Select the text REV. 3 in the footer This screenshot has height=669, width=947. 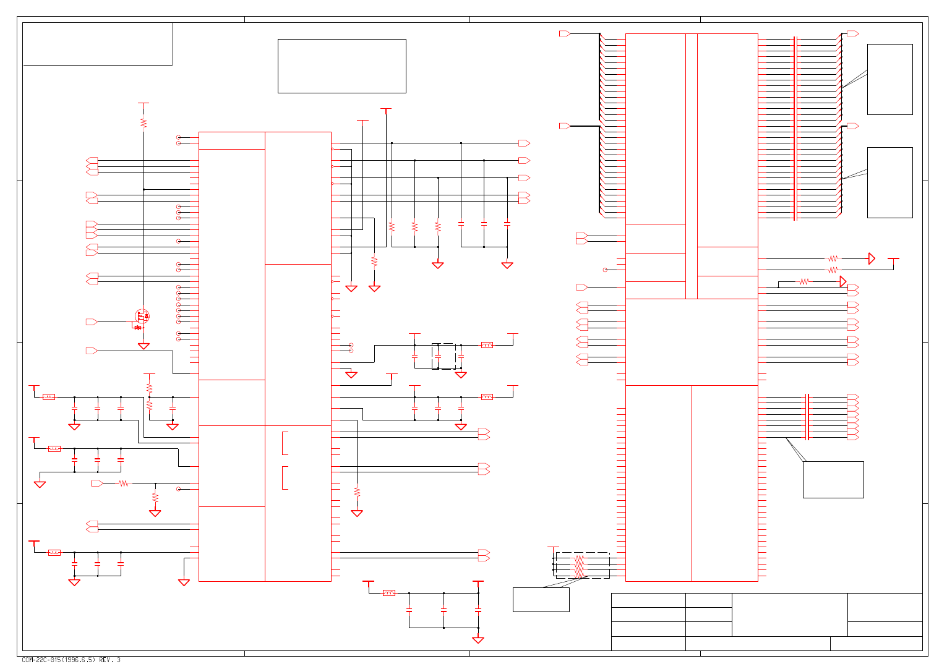point(109,660)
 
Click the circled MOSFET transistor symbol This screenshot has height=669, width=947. point(142,317)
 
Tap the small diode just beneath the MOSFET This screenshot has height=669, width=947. point(138,327)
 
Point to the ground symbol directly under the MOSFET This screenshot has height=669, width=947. point(144,346)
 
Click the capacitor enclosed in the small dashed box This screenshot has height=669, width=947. point(438,357)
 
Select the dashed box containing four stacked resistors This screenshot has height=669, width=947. point(582,566)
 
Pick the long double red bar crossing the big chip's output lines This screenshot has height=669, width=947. point(795,128)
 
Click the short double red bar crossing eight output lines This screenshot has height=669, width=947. point(807,417)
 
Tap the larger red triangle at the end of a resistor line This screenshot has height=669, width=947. point(872,258)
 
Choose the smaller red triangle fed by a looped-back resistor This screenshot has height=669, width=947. point(842,282)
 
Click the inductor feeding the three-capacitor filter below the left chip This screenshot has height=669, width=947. point(54,552)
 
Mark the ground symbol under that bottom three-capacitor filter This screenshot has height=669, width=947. point(74,582)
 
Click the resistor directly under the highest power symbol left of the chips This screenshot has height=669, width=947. point(144,123)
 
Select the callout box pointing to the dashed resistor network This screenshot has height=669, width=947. point(541,600)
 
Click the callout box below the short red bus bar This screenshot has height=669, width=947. point(833,479)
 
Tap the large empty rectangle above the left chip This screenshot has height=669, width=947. point(341,66)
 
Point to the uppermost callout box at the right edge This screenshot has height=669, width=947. point(889,79)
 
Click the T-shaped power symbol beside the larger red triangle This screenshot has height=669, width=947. point(893,260)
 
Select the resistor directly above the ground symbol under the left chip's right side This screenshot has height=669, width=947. point(357,492)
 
